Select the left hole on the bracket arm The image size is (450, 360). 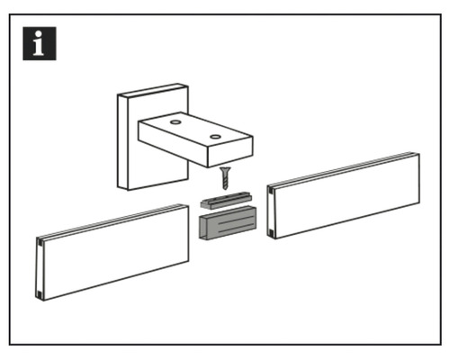click(x=175, y=120)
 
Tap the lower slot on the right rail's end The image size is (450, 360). click(x=272, y=231)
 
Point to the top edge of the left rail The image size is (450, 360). click(x=112, y=221)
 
